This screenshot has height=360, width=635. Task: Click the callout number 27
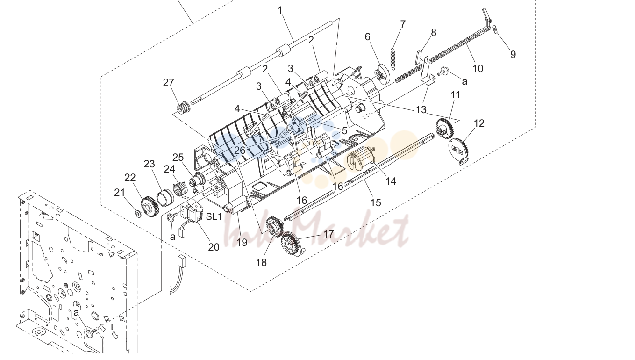[x=168, y=83]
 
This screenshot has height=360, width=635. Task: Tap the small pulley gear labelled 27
[x=183, y=107]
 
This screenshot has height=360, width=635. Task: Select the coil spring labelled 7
[x=393, y=58]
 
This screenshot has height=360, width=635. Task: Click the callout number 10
[x=478, y=68]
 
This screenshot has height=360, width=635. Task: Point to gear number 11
[x=445, y=128]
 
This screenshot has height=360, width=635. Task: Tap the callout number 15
[x=376, y=202]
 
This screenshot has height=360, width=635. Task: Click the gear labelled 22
[x=150, y=206]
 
